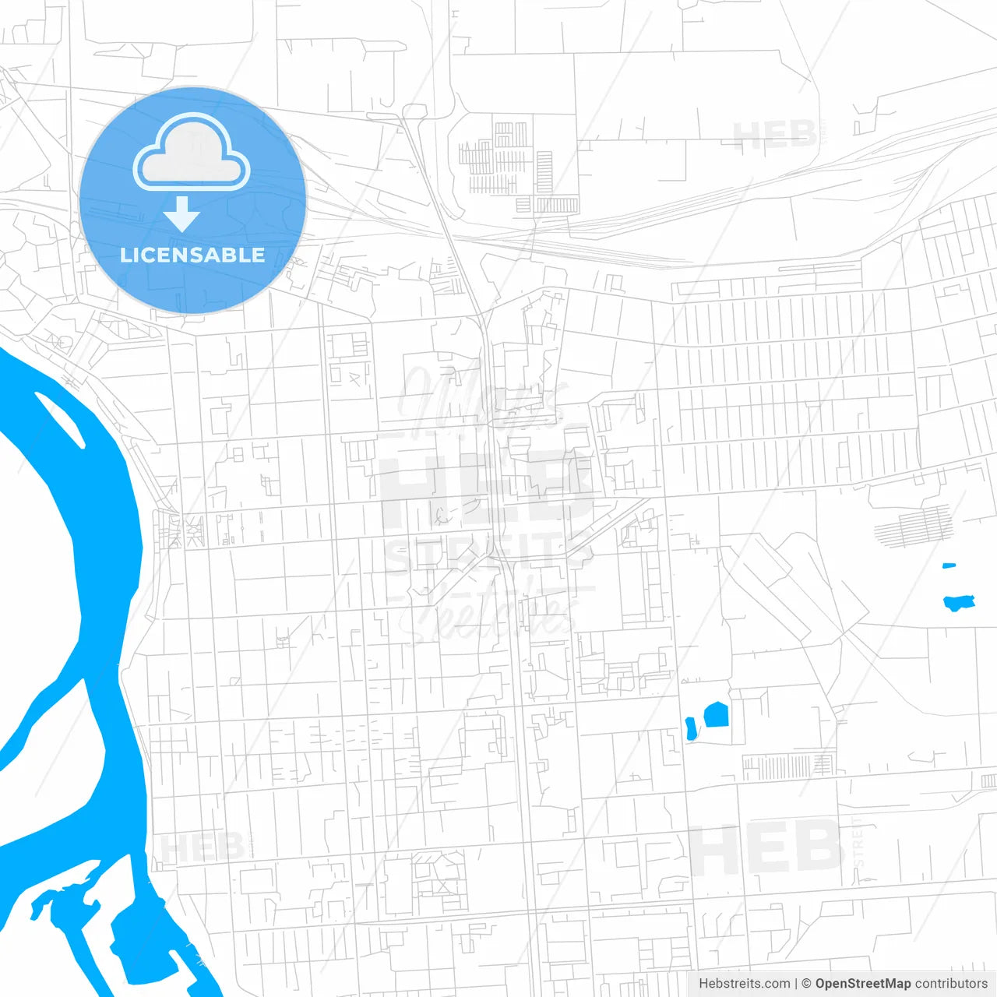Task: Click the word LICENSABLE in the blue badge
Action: [x=192, y=255]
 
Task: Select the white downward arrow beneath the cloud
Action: [x=182, y=213]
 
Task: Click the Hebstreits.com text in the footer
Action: [x=744, y=984]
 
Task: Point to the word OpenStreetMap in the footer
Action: [x=863, y=984]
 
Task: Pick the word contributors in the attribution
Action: [x=951, y=984]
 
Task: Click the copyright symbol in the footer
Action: [x=806, y=984]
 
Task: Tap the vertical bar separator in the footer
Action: [x=795, y=984]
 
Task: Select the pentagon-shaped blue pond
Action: [x=716, y=714]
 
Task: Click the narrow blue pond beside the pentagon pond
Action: [x=689, y=729]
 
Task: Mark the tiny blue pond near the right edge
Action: [x=949, y=565]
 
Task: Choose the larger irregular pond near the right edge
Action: [x=959, y=602]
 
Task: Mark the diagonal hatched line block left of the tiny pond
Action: [x=914, y=527]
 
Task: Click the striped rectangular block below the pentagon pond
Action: [x=787, y=766]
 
